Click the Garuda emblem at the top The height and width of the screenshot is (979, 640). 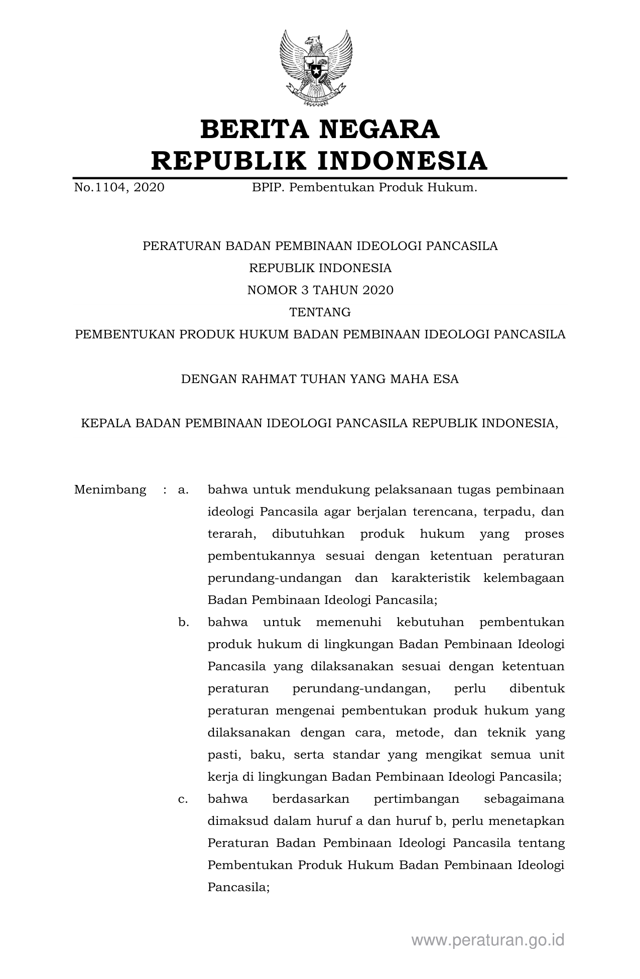pos(316,68)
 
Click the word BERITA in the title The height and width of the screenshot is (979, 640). pos(253,130)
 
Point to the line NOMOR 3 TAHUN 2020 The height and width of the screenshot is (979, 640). pos(320,290)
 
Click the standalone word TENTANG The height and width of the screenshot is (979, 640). pos(320,312)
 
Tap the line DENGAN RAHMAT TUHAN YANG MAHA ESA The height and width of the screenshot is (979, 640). pos(320,379)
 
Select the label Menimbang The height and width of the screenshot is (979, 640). pos(110,489)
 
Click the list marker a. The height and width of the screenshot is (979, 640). pos(183,489)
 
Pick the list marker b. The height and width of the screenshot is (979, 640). pos(183,623)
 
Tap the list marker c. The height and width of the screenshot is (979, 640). pos(183,799)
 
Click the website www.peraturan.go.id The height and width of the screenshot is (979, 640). pos(488,940)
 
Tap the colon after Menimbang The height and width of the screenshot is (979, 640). pos(165,489)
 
